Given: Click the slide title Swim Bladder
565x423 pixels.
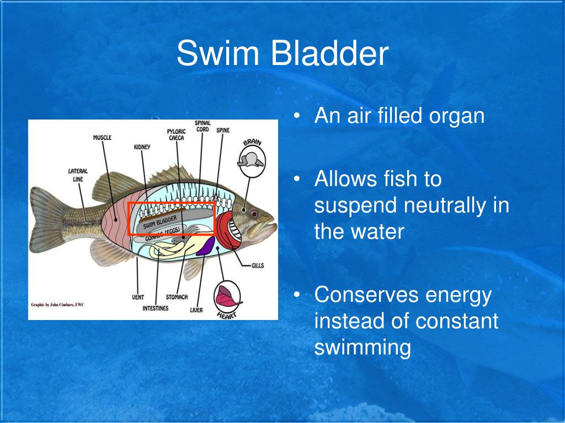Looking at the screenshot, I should pyautogui.click(x=282, y=54).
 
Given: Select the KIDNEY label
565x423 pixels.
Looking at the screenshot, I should pyautogui.click(x=142, y=147).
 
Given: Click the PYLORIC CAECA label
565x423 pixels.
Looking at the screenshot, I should pyautogui.click(x=177, y=134).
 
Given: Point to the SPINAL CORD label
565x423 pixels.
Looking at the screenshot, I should pyautogui.click(x=202, y=126).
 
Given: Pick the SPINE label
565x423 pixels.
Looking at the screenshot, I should pyautogui.click(x=223, y=131).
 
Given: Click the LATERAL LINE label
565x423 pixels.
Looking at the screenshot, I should pyautogui.click(x=78, y=175).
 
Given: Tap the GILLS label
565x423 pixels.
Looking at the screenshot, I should pyautogui.click(x=257, y=265).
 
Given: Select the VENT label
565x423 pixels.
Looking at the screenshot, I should pyautogui.click(x=138, y=297).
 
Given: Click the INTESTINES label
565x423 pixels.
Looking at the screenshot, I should pyautogui.click(x=156, y=308).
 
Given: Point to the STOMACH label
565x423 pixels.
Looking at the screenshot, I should pyautogui.click(x=177, y=297).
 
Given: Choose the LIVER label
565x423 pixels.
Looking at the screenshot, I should pyautogui.click(x=196, y=310).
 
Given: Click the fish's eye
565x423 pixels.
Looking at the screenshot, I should pyautogui.click(x=253, y=213).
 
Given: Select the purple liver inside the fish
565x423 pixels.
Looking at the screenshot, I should pyautogui.click(x=204, y=246).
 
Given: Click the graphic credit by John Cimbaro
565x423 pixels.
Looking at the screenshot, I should pyautogui.click(x=57, y=305).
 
